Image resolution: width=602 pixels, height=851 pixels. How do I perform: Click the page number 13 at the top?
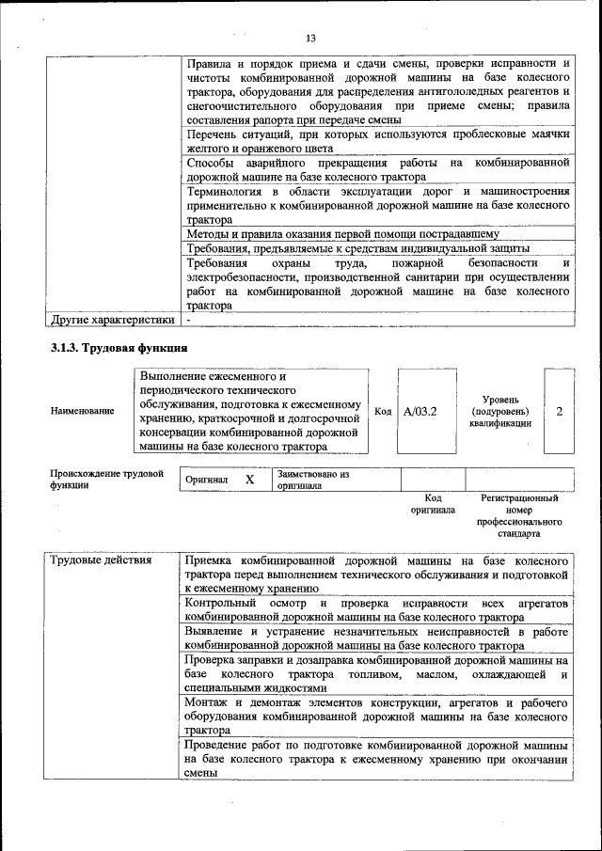click(x=309, y=38)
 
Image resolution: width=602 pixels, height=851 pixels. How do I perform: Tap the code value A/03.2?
click(x=420, y=412)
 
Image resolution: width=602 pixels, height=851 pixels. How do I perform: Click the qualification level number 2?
click(x=560, y=412)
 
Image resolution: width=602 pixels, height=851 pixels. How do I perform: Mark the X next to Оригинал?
click(x=250, y=480)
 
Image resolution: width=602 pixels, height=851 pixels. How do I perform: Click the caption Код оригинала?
click(x=433, y=504)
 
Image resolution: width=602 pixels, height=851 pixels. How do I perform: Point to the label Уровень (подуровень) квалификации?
click(x=499, y=412)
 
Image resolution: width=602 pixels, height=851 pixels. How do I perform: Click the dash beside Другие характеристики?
click(x=189, y=320)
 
